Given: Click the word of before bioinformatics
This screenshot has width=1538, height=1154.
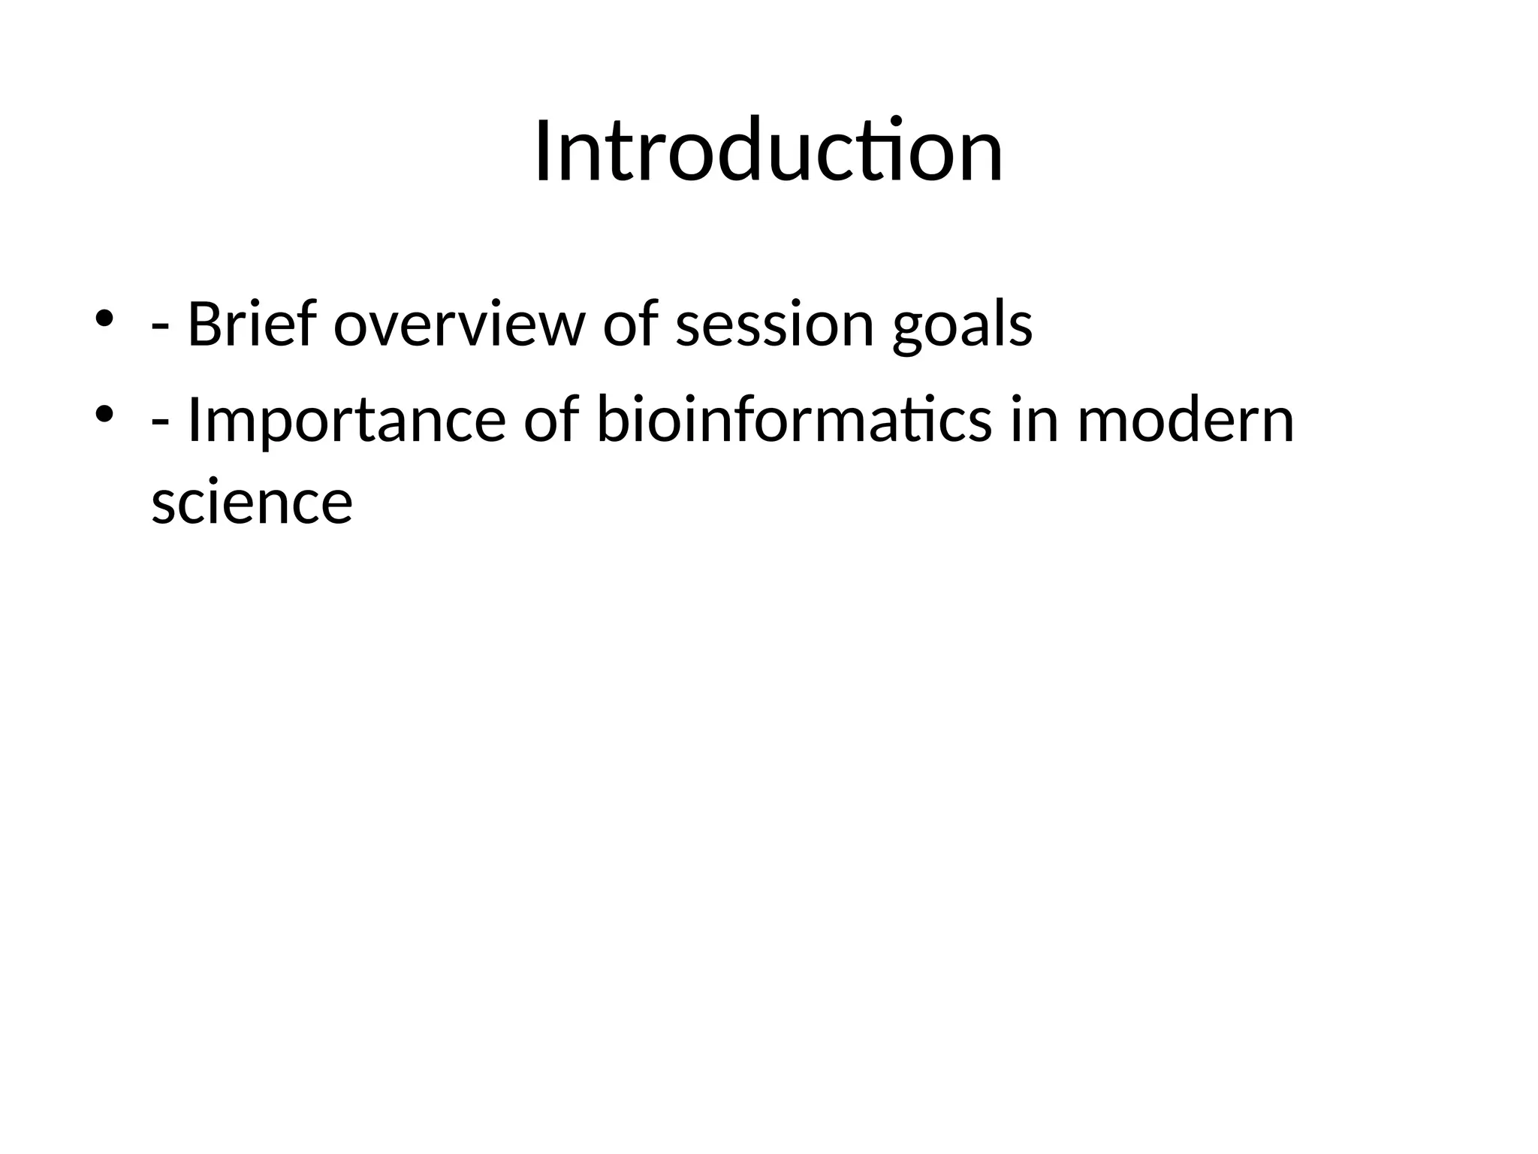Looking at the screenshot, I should coord(551,421).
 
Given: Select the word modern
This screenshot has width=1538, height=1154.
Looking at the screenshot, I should coord(1186,421).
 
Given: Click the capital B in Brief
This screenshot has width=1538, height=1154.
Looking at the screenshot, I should coord(203,325).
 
